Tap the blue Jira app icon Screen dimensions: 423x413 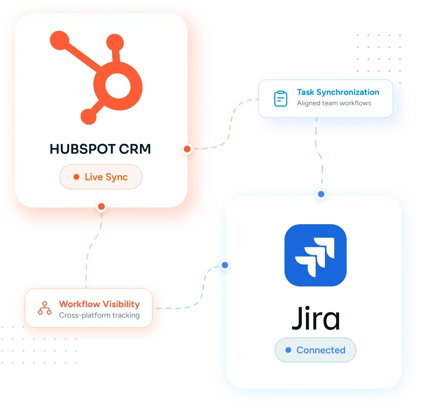pos(315,255)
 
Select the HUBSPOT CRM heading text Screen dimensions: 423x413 pos(100,149)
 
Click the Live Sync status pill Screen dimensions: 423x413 pos(101,177)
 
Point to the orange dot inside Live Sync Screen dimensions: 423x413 pos(76,177)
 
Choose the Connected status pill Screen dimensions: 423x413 pos(315,350)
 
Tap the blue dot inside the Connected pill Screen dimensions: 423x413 pos(288,350)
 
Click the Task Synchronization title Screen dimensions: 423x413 pos(338,92)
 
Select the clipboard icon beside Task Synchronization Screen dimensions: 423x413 pos(281,99)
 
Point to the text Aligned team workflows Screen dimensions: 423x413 pos(334,103)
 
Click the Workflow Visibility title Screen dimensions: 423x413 pos(100,304)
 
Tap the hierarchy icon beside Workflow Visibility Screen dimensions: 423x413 pos(45,308)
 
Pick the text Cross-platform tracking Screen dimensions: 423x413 pos(99,315)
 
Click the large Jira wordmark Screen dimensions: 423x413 pos(316,318)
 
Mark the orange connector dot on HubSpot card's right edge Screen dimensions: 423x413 pos(187,149)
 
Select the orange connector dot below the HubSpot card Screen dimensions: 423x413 pos(101,207)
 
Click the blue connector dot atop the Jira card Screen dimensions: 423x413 pos(321,194)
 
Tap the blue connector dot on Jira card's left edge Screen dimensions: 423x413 pos(225,265)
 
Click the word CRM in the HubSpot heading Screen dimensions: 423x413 pos(135,149)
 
